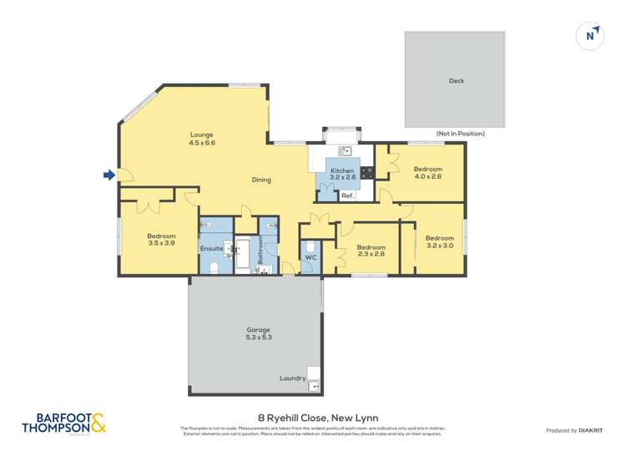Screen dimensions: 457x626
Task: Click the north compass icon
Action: click(590, 35)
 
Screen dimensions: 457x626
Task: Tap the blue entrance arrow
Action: click(109, 175)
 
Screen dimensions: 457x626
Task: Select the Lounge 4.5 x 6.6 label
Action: click(202, 139)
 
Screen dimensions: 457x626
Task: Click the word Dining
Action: click(261, 180)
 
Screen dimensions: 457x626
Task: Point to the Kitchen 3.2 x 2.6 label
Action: click(342, 174)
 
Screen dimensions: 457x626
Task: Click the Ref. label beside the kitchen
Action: click(347, 195)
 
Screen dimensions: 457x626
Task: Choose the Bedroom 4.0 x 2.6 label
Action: click(427, 172)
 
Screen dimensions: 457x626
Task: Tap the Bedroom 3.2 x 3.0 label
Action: click(439, 241)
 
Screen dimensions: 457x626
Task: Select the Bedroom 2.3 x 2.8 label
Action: click(371, 251)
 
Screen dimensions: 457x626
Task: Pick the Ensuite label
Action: click(211, 248)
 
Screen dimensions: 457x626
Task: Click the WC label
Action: click(310, 257)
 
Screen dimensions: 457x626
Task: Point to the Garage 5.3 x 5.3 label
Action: click(258, 333)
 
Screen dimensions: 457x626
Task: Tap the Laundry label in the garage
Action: click(292, 378)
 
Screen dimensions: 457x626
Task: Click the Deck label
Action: click(456, 81)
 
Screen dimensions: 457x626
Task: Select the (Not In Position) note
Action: click(460, 134)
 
